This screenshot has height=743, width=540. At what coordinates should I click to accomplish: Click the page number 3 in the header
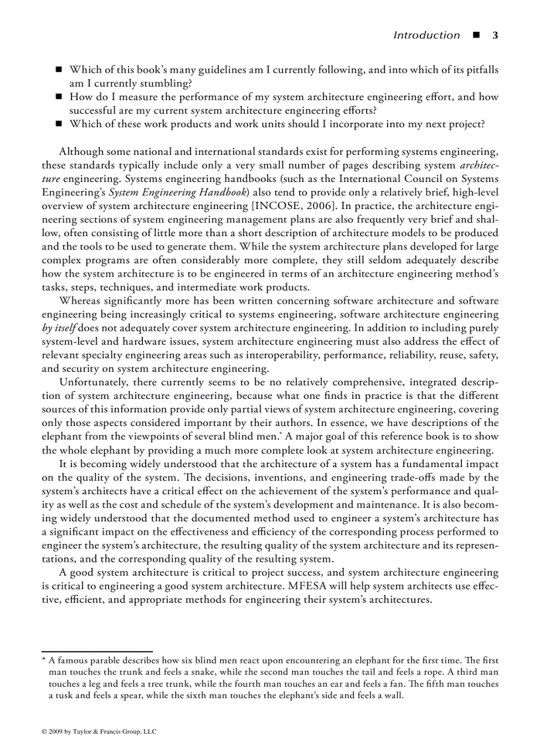click(x=494, y=35)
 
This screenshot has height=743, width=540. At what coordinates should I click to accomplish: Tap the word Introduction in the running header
click(x=426, y=35)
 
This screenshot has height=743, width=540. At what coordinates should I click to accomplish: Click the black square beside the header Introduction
click(x=476, y=35)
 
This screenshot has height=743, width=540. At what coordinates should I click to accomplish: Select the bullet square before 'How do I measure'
click(x=59, y=97)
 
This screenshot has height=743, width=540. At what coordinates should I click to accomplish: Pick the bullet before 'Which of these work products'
click(x=59, y=124)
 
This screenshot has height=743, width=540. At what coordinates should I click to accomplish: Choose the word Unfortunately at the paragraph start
click(x=95, y=382)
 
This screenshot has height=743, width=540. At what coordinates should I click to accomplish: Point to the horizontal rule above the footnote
click(x=97, y=652)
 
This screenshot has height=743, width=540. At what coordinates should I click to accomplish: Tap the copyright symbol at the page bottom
click(x=44, y=732)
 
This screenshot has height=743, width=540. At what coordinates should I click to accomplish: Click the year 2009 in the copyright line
click(x=55, y=732)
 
